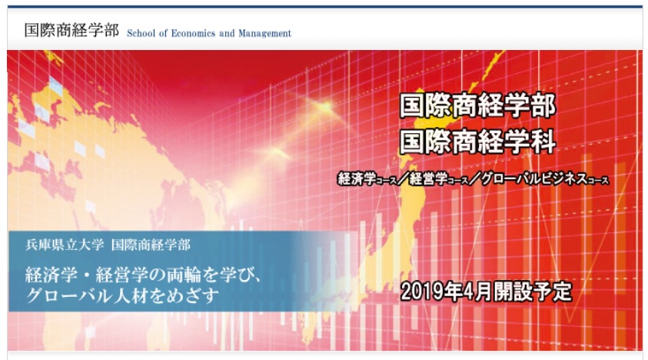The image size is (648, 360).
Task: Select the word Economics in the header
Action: click(191, 34)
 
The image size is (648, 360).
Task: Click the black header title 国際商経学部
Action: click(71, 30)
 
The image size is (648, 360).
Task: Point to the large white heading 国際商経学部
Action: click(477, 105)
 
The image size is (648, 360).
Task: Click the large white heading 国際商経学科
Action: click(477, 142)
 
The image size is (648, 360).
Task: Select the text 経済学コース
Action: click(367, 178)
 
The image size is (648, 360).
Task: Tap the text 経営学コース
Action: click(439, 178)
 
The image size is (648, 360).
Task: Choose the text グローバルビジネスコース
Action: click(545, 178)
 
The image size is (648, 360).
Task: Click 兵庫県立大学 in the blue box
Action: click(65, 245)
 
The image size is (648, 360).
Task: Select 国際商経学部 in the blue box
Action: click(151, 245)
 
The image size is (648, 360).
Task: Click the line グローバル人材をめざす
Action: click(122, 296)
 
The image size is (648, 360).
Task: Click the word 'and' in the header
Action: click(227, 34)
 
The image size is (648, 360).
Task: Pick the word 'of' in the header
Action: click(163, 34)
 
